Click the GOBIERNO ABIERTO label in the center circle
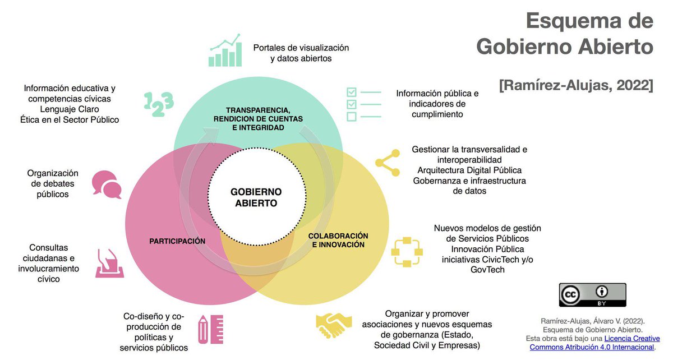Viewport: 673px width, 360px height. pos(256,197)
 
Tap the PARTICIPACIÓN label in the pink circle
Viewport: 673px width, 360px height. pos(177,241)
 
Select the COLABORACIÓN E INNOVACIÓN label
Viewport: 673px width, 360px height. pos(338,241)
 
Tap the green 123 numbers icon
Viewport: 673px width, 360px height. pos(159,103)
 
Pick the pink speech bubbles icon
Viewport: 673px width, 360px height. pos(107,184)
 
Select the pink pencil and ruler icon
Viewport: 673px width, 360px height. pos(211,329)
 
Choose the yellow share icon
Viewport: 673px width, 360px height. pos(387,163)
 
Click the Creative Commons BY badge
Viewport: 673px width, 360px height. pos(592,295)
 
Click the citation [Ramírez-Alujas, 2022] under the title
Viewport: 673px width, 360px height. pos(576,86)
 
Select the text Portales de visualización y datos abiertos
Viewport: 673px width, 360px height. pos(301,53)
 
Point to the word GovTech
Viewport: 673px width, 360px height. pos(487,270)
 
